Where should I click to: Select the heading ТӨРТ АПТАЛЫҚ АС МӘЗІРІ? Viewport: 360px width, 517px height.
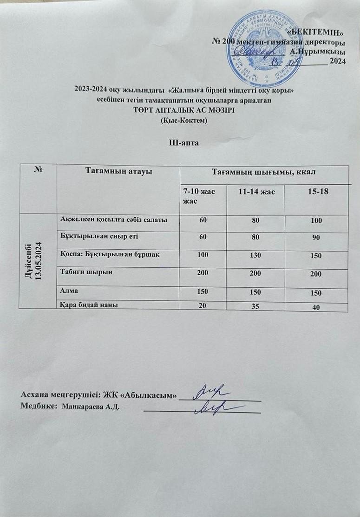(180, 110)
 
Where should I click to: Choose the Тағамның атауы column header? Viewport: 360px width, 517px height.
(119, 172)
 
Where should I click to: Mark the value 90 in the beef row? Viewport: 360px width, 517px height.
(317, 238)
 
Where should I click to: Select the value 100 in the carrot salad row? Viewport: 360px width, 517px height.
(317, 221)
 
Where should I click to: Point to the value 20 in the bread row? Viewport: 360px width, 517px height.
(203, 305)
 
